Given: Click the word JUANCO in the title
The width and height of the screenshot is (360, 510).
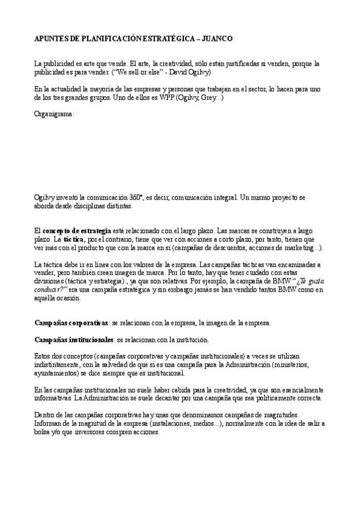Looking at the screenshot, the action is click(x=217, y=38).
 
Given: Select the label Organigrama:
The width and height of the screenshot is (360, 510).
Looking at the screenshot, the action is click(x=54, y=112).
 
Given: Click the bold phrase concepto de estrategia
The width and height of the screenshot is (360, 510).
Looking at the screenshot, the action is click(x=77, y=230).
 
